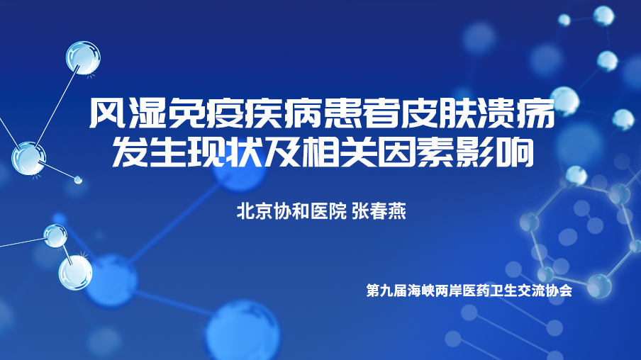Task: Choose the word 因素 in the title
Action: [x=415, y=152]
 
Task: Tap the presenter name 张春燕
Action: [x=379, y=212]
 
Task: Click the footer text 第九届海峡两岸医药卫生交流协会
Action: [x=469, y=291]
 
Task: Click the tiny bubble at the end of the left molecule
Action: [x=78, y=179]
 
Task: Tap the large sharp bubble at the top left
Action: [x=84, y=58]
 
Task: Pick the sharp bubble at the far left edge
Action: [x=28, y=159]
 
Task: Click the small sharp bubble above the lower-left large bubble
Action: [x=55, y=236]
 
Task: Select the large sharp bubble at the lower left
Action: [x=76, y=273]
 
